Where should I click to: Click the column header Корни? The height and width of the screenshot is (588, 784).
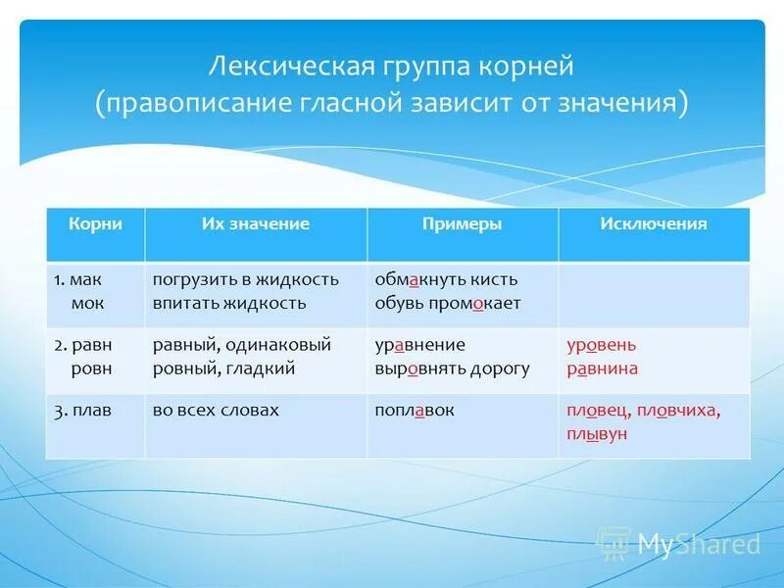[95, 224]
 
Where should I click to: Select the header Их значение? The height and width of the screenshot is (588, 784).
[255, 224]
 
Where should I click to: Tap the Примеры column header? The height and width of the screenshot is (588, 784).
[462, 224]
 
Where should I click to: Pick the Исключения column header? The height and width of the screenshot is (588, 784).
[653, 224]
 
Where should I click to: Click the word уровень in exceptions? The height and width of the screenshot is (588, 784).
[601, 345]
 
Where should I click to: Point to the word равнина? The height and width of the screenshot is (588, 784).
[602, 368]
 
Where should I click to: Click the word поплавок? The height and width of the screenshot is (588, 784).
[415, 411]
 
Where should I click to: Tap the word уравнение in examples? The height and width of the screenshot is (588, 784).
[419, 345]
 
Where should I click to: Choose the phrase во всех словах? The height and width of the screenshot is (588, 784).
[216, 411]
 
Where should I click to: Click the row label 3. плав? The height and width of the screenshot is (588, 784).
[83, 411]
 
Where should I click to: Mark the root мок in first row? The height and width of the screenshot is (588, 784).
[87, 303]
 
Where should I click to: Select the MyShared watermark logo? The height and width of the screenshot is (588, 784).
[680, 543]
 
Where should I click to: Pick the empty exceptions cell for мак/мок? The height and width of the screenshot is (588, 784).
[653, 294]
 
